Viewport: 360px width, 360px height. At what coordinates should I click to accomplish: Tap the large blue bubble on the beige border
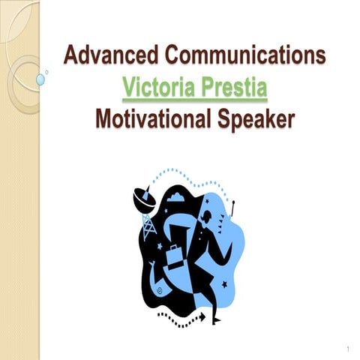(40, 78)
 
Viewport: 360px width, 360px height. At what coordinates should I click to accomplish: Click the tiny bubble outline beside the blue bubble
(47, 72)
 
